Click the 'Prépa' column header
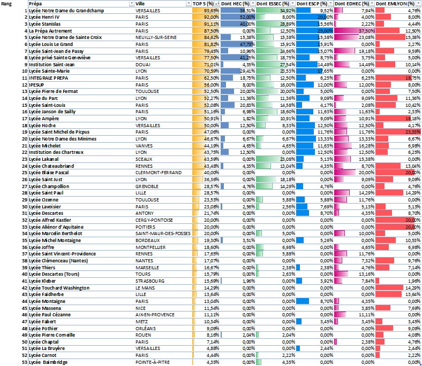(36, 4)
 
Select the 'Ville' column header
(143, 4)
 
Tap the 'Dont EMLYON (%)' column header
(395, 4)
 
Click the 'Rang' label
(7, 4)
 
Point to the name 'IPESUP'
(37, 84)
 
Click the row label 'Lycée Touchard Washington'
(59, 287)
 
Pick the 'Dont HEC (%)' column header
(236, 4)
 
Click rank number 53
(25, 362)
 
